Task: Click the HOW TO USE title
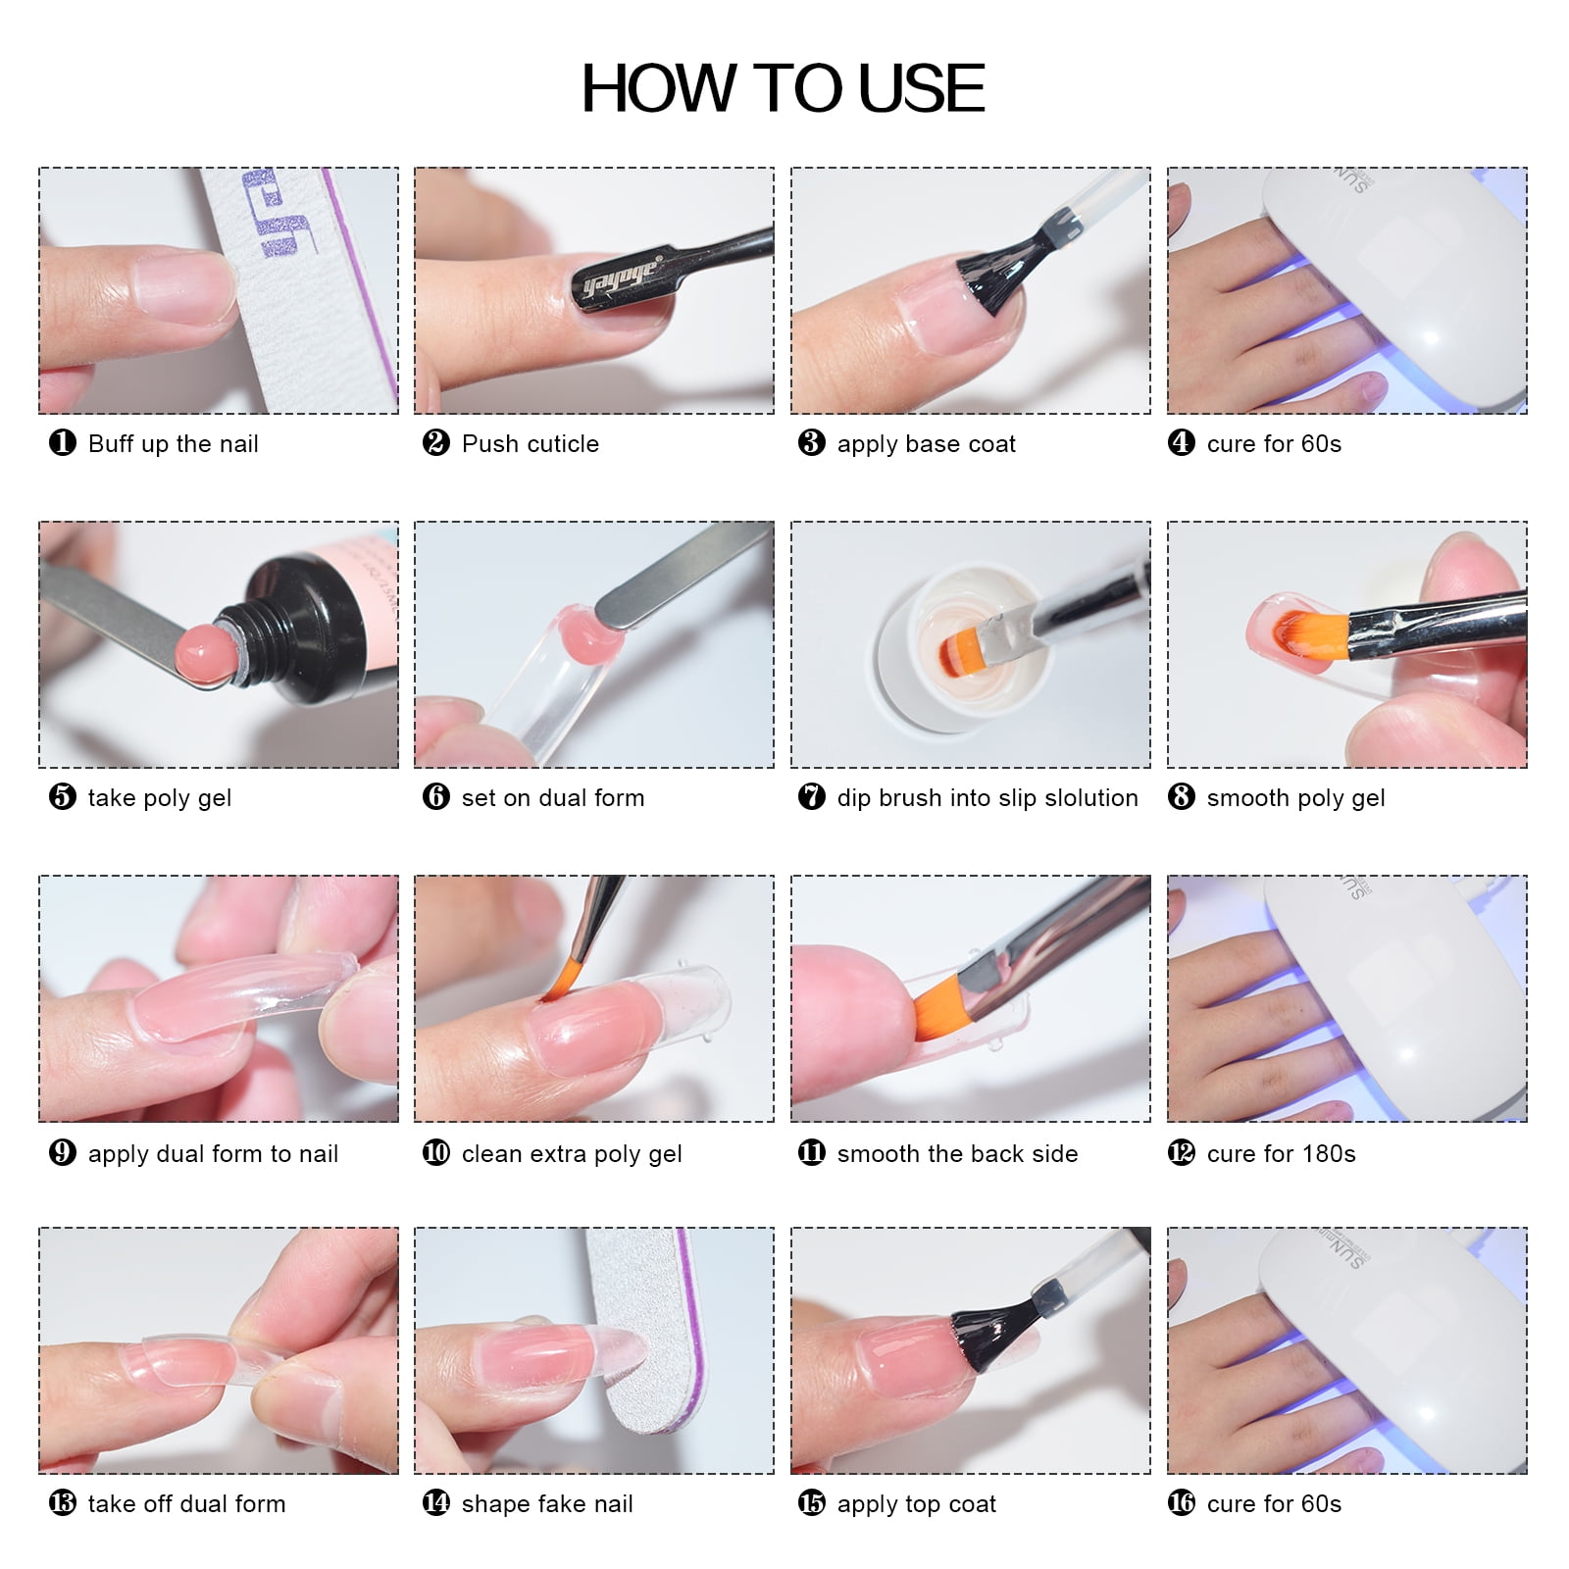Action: point(783,88)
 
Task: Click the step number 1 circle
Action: point(63,442)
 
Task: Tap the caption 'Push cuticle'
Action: point(530,444)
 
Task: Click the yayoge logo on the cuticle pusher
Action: point(621,278)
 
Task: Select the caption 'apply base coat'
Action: point(926,444)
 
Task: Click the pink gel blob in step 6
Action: point(589,633)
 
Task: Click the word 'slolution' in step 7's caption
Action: point(1090,798)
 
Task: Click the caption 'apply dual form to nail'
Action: point(213,1154)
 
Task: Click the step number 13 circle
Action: point(63,1502)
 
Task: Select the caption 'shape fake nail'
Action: point(547,1504)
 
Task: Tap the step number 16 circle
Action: point(1182,1502)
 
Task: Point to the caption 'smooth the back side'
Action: point(957,1154)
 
